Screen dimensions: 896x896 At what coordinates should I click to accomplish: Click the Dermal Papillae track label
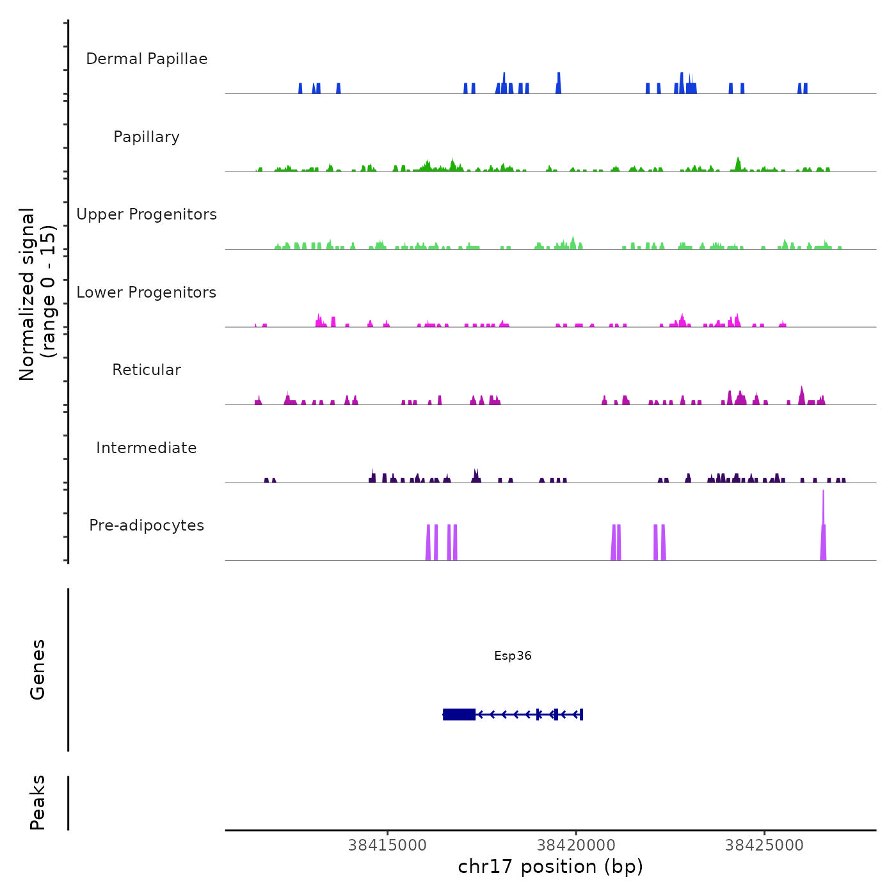[x=147, y=59]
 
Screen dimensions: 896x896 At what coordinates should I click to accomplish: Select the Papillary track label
[x=147, y=137]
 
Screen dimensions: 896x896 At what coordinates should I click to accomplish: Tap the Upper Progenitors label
[x=147, y=214]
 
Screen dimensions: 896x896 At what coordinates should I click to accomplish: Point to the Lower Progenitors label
[x=147, y=292]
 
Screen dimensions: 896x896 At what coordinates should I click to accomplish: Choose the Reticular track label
[x=147, y=370]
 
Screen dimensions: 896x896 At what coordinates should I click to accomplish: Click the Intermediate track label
[x=147, y=448]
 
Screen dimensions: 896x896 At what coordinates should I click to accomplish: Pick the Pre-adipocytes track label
[x=147, y=525]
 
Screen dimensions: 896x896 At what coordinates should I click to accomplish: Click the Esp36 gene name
[x=513, y=655]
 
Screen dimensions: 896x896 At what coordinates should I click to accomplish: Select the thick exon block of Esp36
[x=459, y=714]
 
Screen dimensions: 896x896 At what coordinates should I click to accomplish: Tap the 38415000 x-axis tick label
[x=387, y=845]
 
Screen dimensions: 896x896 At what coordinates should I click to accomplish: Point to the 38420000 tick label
[x=576, y=845]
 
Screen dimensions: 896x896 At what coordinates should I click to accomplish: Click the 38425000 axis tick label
[x=764, y=845]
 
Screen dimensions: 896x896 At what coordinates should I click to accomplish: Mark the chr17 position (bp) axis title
[x=550, y=867]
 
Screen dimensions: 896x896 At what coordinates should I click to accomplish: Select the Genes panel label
[x=38, y=669]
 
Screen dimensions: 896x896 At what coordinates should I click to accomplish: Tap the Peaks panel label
[x=38, y=803]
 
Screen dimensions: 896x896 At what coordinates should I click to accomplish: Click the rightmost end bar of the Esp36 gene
[x=581, y=714]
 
